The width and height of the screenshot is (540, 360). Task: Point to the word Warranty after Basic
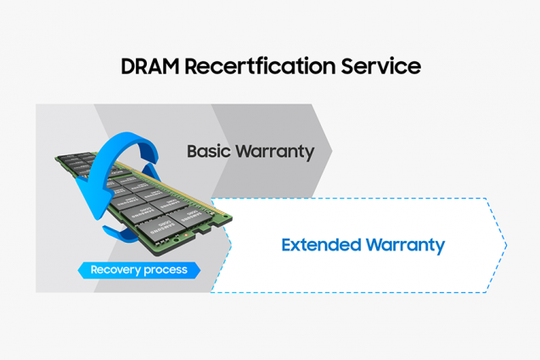[x=275, y=152]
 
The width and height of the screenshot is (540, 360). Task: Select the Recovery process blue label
[x=138, y=271]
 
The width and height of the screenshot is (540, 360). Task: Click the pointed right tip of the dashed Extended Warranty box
[x=506, y=245]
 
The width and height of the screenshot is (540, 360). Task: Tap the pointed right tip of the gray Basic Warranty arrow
[x=331, y=151]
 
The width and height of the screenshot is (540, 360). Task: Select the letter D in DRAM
[x=127, y=66]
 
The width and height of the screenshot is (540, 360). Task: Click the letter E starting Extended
[x=286, y=245]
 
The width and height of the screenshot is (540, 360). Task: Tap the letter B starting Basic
[x=192, y=152]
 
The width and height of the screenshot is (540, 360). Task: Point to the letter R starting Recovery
[x=94, y=271]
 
